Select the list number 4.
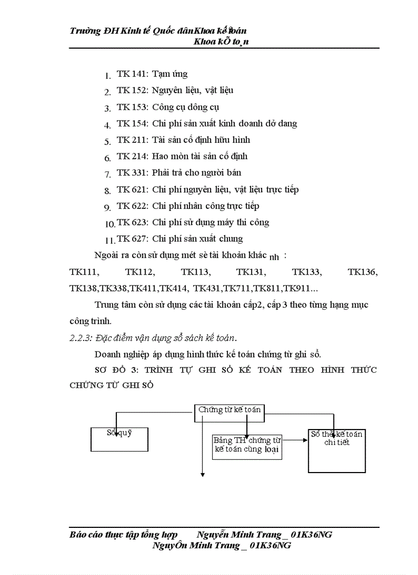coord(108,125)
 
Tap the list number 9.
coord(108,207)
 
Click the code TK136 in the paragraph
coord(363,272)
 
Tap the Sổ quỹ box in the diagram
coord(119,439)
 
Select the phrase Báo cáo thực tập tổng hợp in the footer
coord(123,535)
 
